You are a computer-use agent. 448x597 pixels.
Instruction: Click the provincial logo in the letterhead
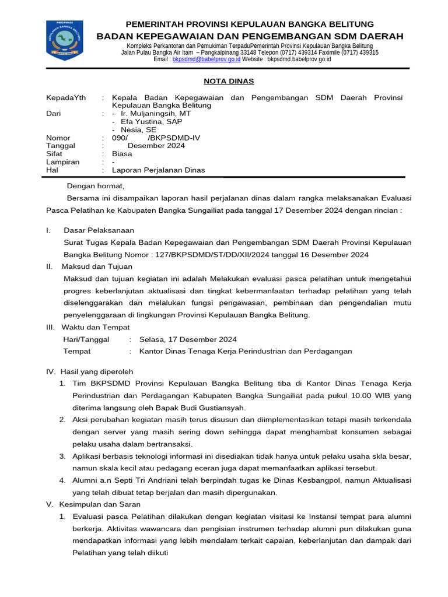click(x=64, y=41)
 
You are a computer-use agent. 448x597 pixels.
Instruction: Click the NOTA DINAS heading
click(x=228, y=81)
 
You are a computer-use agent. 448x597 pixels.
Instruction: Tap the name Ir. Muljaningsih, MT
click(x=151, y=114)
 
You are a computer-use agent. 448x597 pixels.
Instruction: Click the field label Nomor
click(x=57, y=138)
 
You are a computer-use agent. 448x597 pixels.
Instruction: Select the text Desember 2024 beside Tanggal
click(x=156, y=146)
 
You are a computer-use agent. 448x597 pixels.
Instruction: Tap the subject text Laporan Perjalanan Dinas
click(x=158, y=170)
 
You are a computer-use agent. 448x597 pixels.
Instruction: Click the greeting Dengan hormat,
click(x=96, y=186)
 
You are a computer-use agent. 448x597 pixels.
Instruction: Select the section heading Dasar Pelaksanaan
click(x=99, y=230)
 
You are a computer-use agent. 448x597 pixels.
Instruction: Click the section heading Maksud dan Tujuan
click(x=97, y=266)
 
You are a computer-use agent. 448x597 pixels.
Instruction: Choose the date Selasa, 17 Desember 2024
click(x=188, y=339)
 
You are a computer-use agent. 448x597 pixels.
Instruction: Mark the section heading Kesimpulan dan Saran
click(x=100, y=504)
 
